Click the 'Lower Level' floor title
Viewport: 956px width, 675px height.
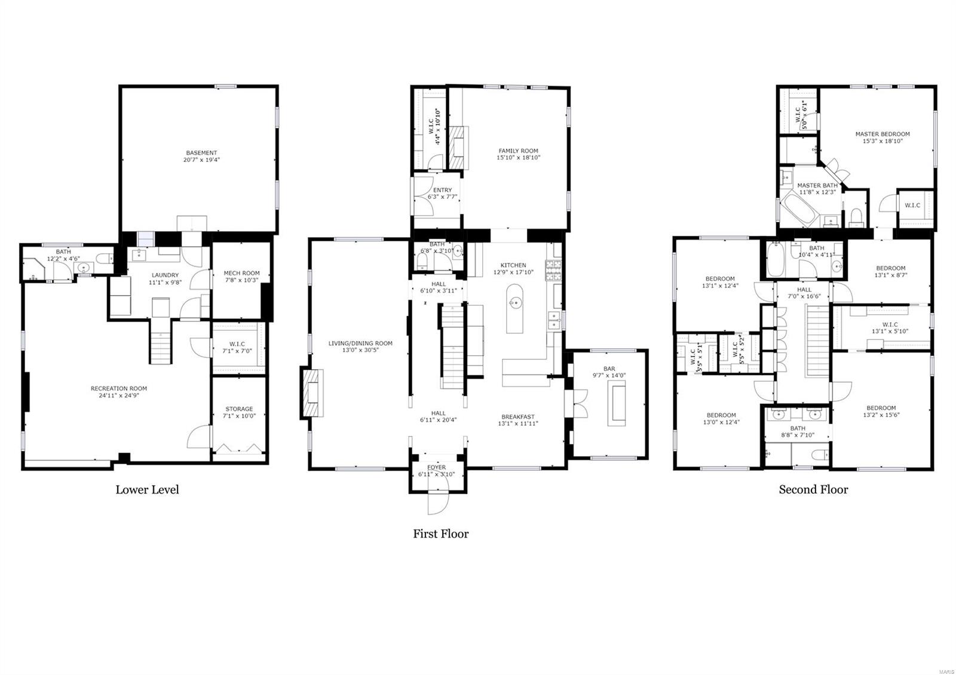pyautogui.click(x=147, y=490)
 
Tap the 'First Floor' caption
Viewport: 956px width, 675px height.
pyautogui.click(x=440, y=534)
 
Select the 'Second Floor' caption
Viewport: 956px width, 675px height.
pyautogui.click(x=813, y=490)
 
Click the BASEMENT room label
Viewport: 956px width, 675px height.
pyautogui.click(x=201, y=153)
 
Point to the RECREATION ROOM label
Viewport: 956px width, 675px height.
pyautogui.click(x=119, y=388)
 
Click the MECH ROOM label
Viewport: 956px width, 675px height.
pyautogui.click(x=242, y=273)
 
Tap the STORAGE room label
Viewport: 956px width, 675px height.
pyautogui.click(x=239, y=409)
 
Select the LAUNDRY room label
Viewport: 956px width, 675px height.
pyautogui.click(x=164, y=275)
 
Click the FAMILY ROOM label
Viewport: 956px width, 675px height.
pyautogui.click(x=518, y=151)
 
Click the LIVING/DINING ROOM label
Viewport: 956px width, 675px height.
pyautogui.click(x=360, y=343)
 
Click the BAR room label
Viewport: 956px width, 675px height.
pyautogui.click(x=609, y=369)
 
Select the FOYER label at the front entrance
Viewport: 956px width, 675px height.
pyautogui.click(x=436, y=468)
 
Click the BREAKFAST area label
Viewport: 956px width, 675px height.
pyautogui.click(x=518, y=417)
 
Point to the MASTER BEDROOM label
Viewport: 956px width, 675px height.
pyautogui.click(x=882, y=134)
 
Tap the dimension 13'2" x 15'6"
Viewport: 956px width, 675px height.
pyautogui.click(x=881, y=415)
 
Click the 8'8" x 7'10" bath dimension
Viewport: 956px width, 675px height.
pyautogui.click(x=797, y=435)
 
